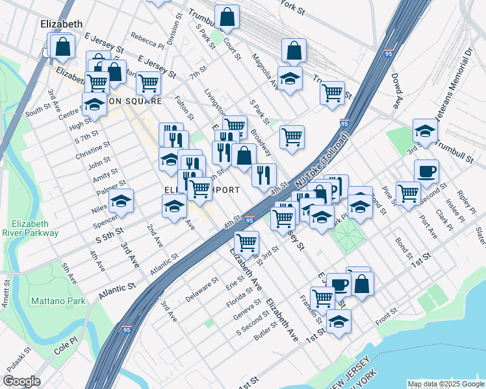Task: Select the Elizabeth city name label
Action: point(61,24)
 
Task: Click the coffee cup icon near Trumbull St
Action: point(426,171)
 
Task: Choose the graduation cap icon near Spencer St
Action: point(121,202)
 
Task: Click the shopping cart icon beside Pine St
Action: point(408,193)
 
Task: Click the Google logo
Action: point(21,382)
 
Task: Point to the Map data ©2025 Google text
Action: point(445,384)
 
